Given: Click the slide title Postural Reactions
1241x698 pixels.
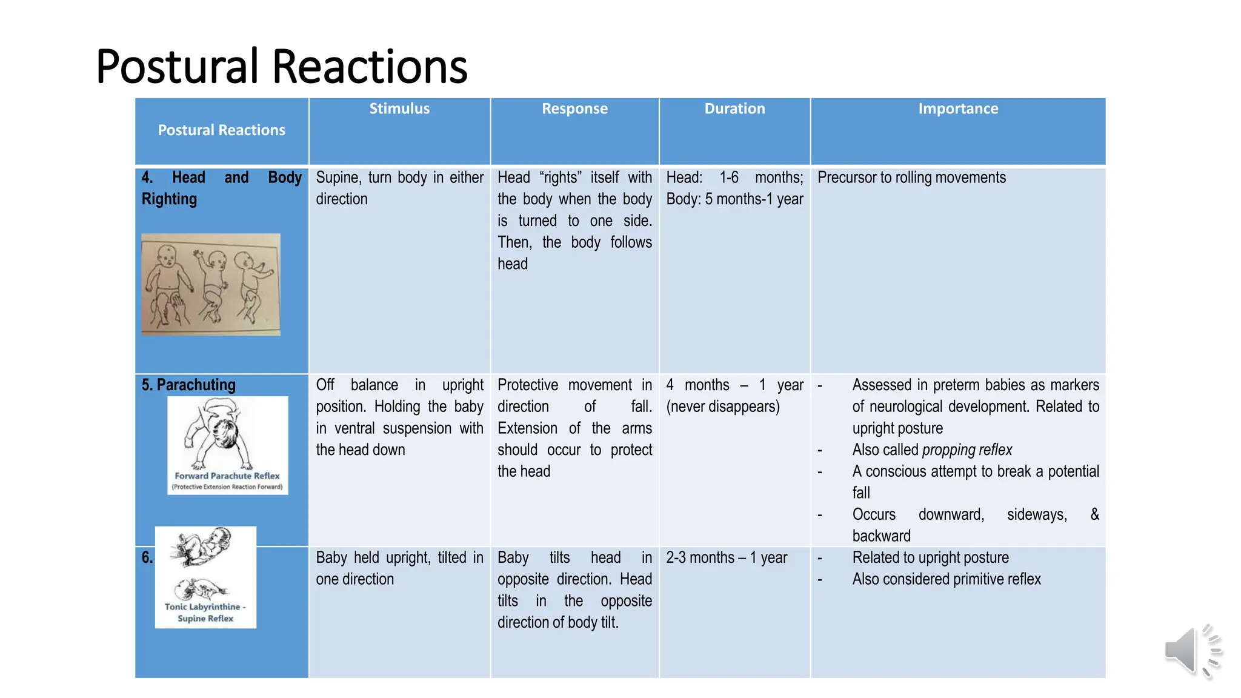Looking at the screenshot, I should click(282, 66).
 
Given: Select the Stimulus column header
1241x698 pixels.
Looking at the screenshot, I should click(399, 108).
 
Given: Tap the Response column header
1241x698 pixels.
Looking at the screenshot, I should click(574, 108).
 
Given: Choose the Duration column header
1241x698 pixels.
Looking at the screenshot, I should click(734, 108).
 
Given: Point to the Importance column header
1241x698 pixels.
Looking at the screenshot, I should click(958, 108).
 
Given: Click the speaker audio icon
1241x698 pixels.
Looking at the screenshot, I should click(1191, 651).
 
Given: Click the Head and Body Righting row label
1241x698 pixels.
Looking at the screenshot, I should click(221, 188).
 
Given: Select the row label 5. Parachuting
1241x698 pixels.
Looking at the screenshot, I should click(188, 385).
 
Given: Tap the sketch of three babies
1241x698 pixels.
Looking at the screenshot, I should click(211, 284).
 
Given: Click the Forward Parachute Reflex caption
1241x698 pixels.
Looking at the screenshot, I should click(227, 476).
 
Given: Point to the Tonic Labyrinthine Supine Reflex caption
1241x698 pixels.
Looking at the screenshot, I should click(205, 612).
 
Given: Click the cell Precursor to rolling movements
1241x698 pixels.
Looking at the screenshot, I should click(911, 178).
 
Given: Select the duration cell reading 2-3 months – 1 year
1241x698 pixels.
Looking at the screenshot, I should click(727, 557).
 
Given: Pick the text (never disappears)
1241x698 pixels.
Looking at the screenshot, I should click(723, 407).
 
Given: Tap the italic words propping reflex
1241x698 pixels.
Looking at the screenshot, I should click(967, 450).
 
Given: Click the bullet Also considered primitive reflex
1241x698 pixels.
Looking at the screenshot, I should click(947, 579).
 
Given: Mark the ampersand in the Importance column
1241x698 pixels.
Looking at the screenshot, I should click(1094, 514).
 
